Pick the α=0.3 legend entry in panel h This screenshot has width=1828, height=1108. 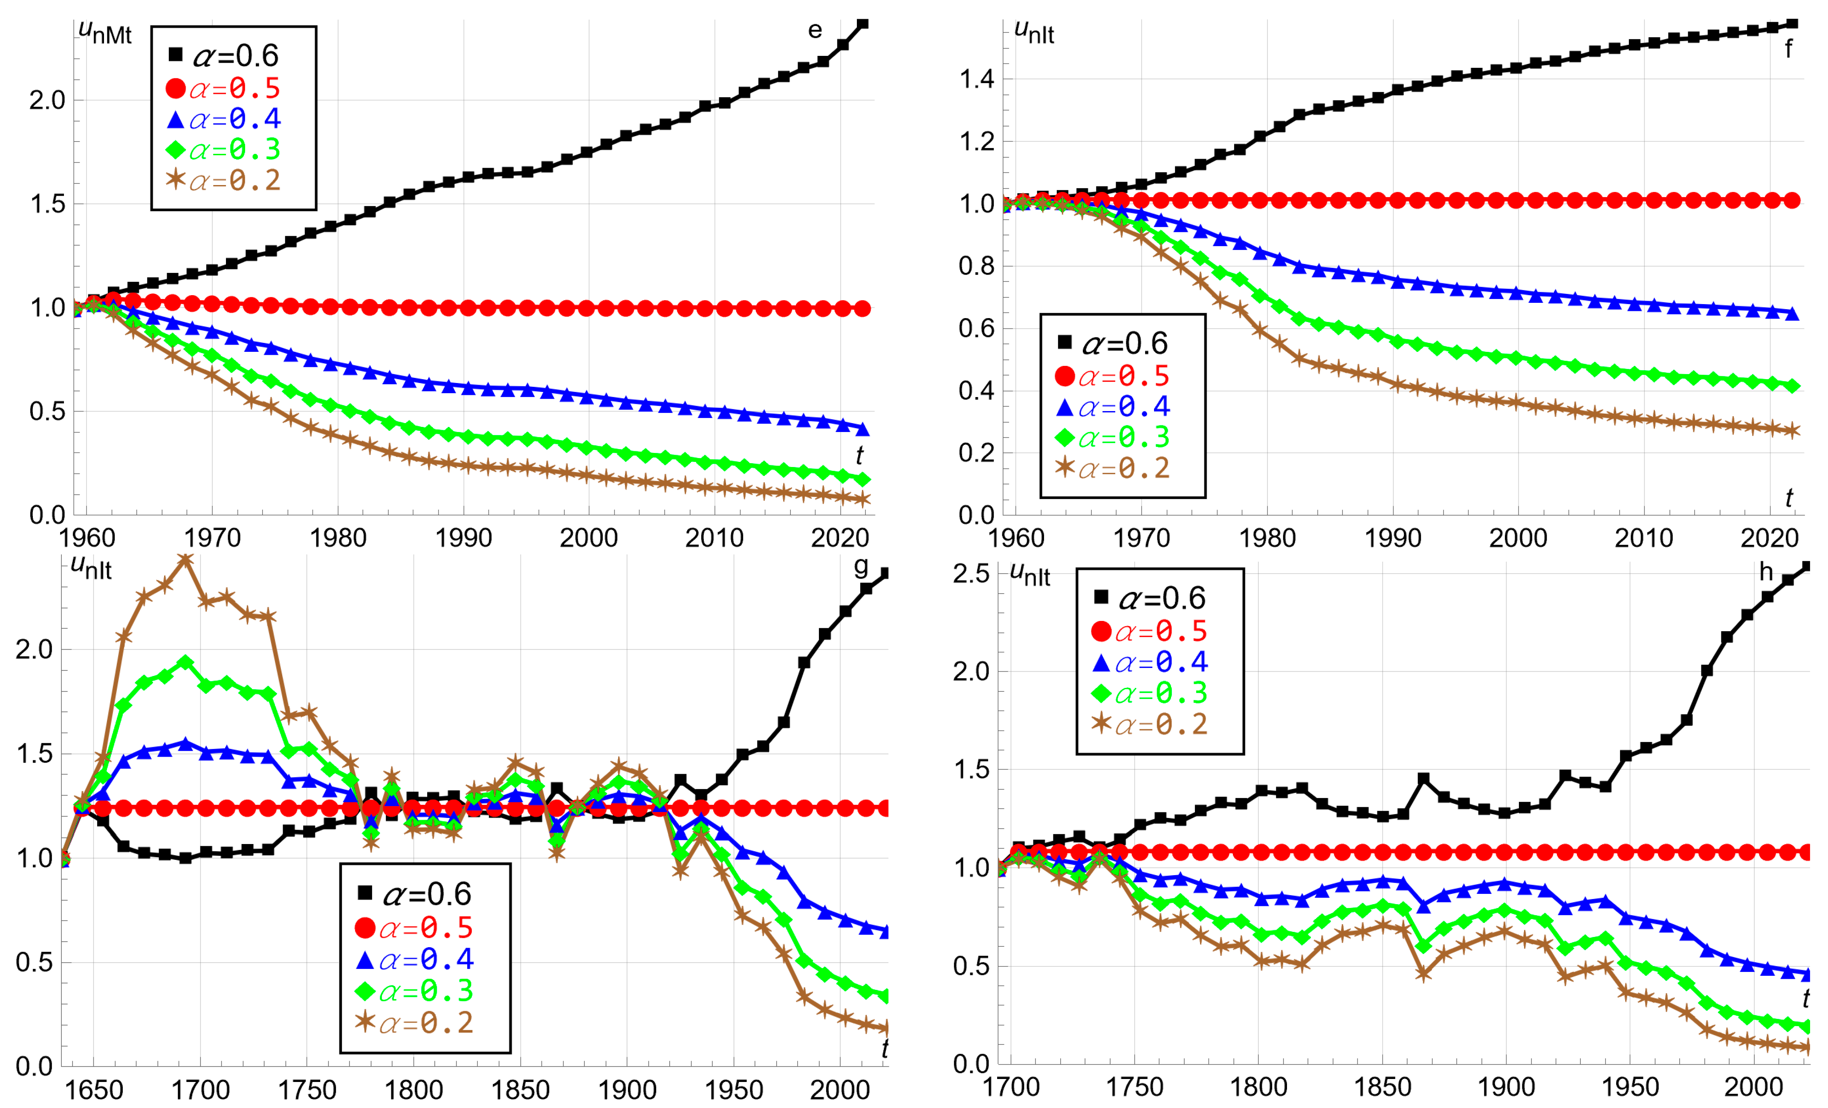(1149, 693)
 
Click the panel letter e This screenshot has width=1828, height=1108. (815, 30)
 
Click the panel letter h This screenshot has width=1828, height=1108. (1767, 571)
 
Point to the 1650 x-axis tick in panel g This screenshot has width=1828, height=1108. (93, 1089)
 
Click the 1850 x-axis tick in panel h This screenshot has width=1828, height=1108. (1382, 1087)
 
